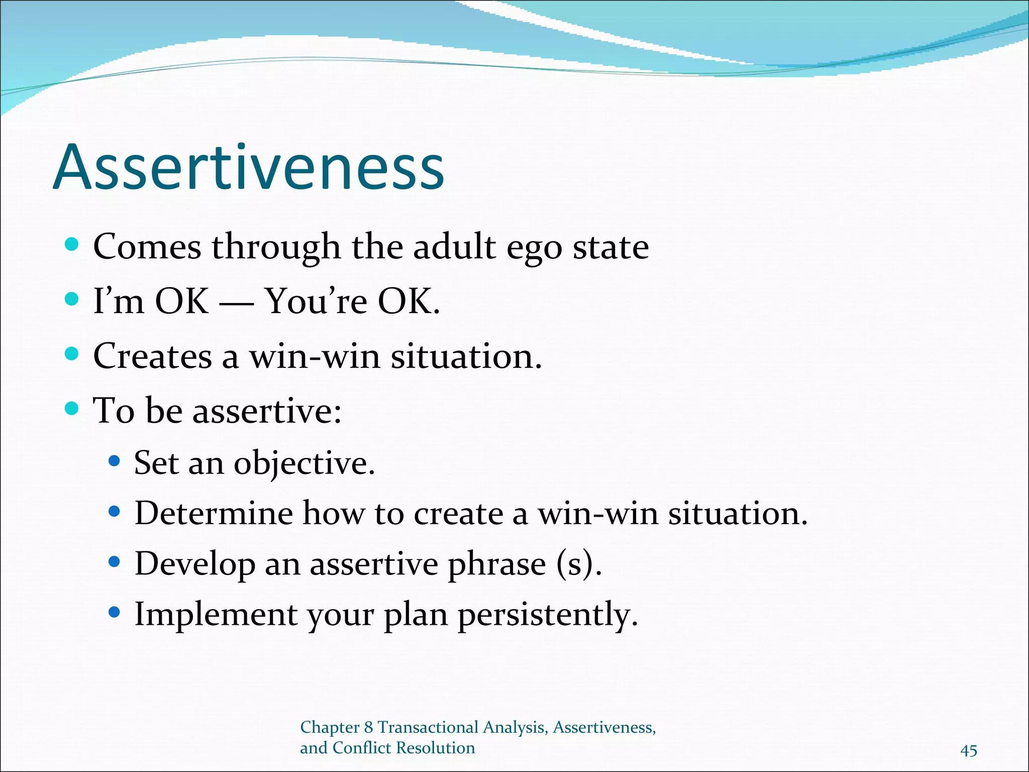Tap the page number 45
point(968,750)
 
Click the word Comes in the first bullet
point(147,247)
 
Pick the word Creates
point(152,356)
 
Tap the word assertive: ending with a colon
point(267,411)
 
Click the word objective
point(304,463)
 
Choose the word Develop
point(195,565)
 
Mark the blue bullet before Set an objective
point(115,461)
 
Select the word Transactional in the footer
point(428,727)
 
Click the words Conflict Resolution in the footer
point(403,748)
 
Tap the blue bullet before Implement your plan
point(115,612)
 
